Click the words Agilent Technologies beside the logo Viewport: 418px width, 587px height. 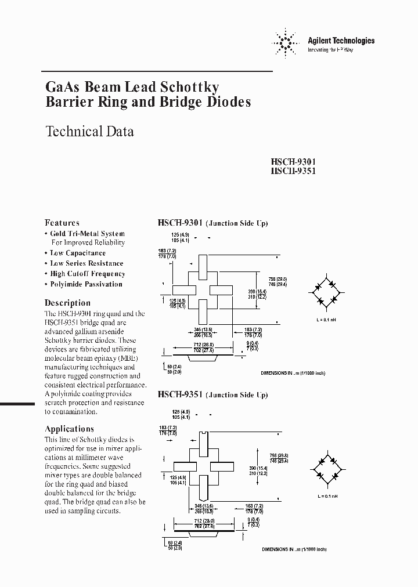coord(341,41)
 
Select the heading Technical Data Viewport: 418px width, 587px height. coord(89,132)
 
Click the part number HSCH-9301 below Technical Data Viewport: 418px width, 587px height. coord(293,162)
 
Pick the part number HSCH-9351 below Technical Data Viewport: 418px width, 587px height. coord(293,172)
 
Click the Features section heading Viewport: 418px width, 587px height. coord(62,223)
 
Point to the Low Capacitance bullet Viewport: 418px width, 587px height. coord(78,253)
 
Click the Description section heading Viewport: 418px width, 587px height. coord(67,303)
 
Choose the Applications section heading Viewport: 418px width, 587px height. coord(69,429)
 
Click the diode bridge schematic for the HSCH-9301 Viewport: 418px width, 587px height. coord(326,293)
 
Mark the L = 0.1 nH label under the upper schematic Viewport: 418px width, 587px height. coord(326,321)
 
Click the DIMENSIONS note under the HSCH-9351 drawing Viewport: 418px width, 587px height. coord(293,549)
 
